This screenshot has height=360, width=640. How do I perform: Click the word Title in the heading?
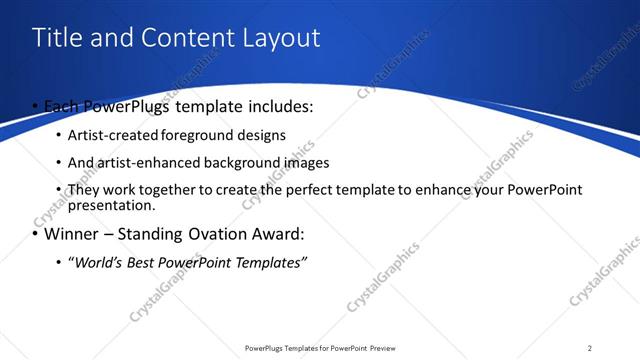pyautogui.click(x=57, y=38)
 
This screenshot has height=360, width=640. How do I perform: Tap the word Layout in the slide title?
pyautogui.click(x=279, y=38)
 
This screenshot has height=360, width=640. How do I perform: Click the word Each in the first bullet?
pyautogui.click(x=63, y=105)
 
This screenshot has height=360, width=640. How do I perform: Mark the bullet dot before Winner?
pyautogui.click(x=36, y=235)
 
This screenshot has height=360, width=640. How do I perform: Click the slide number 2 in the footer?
pyautogui.click(x=589, y=348)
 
